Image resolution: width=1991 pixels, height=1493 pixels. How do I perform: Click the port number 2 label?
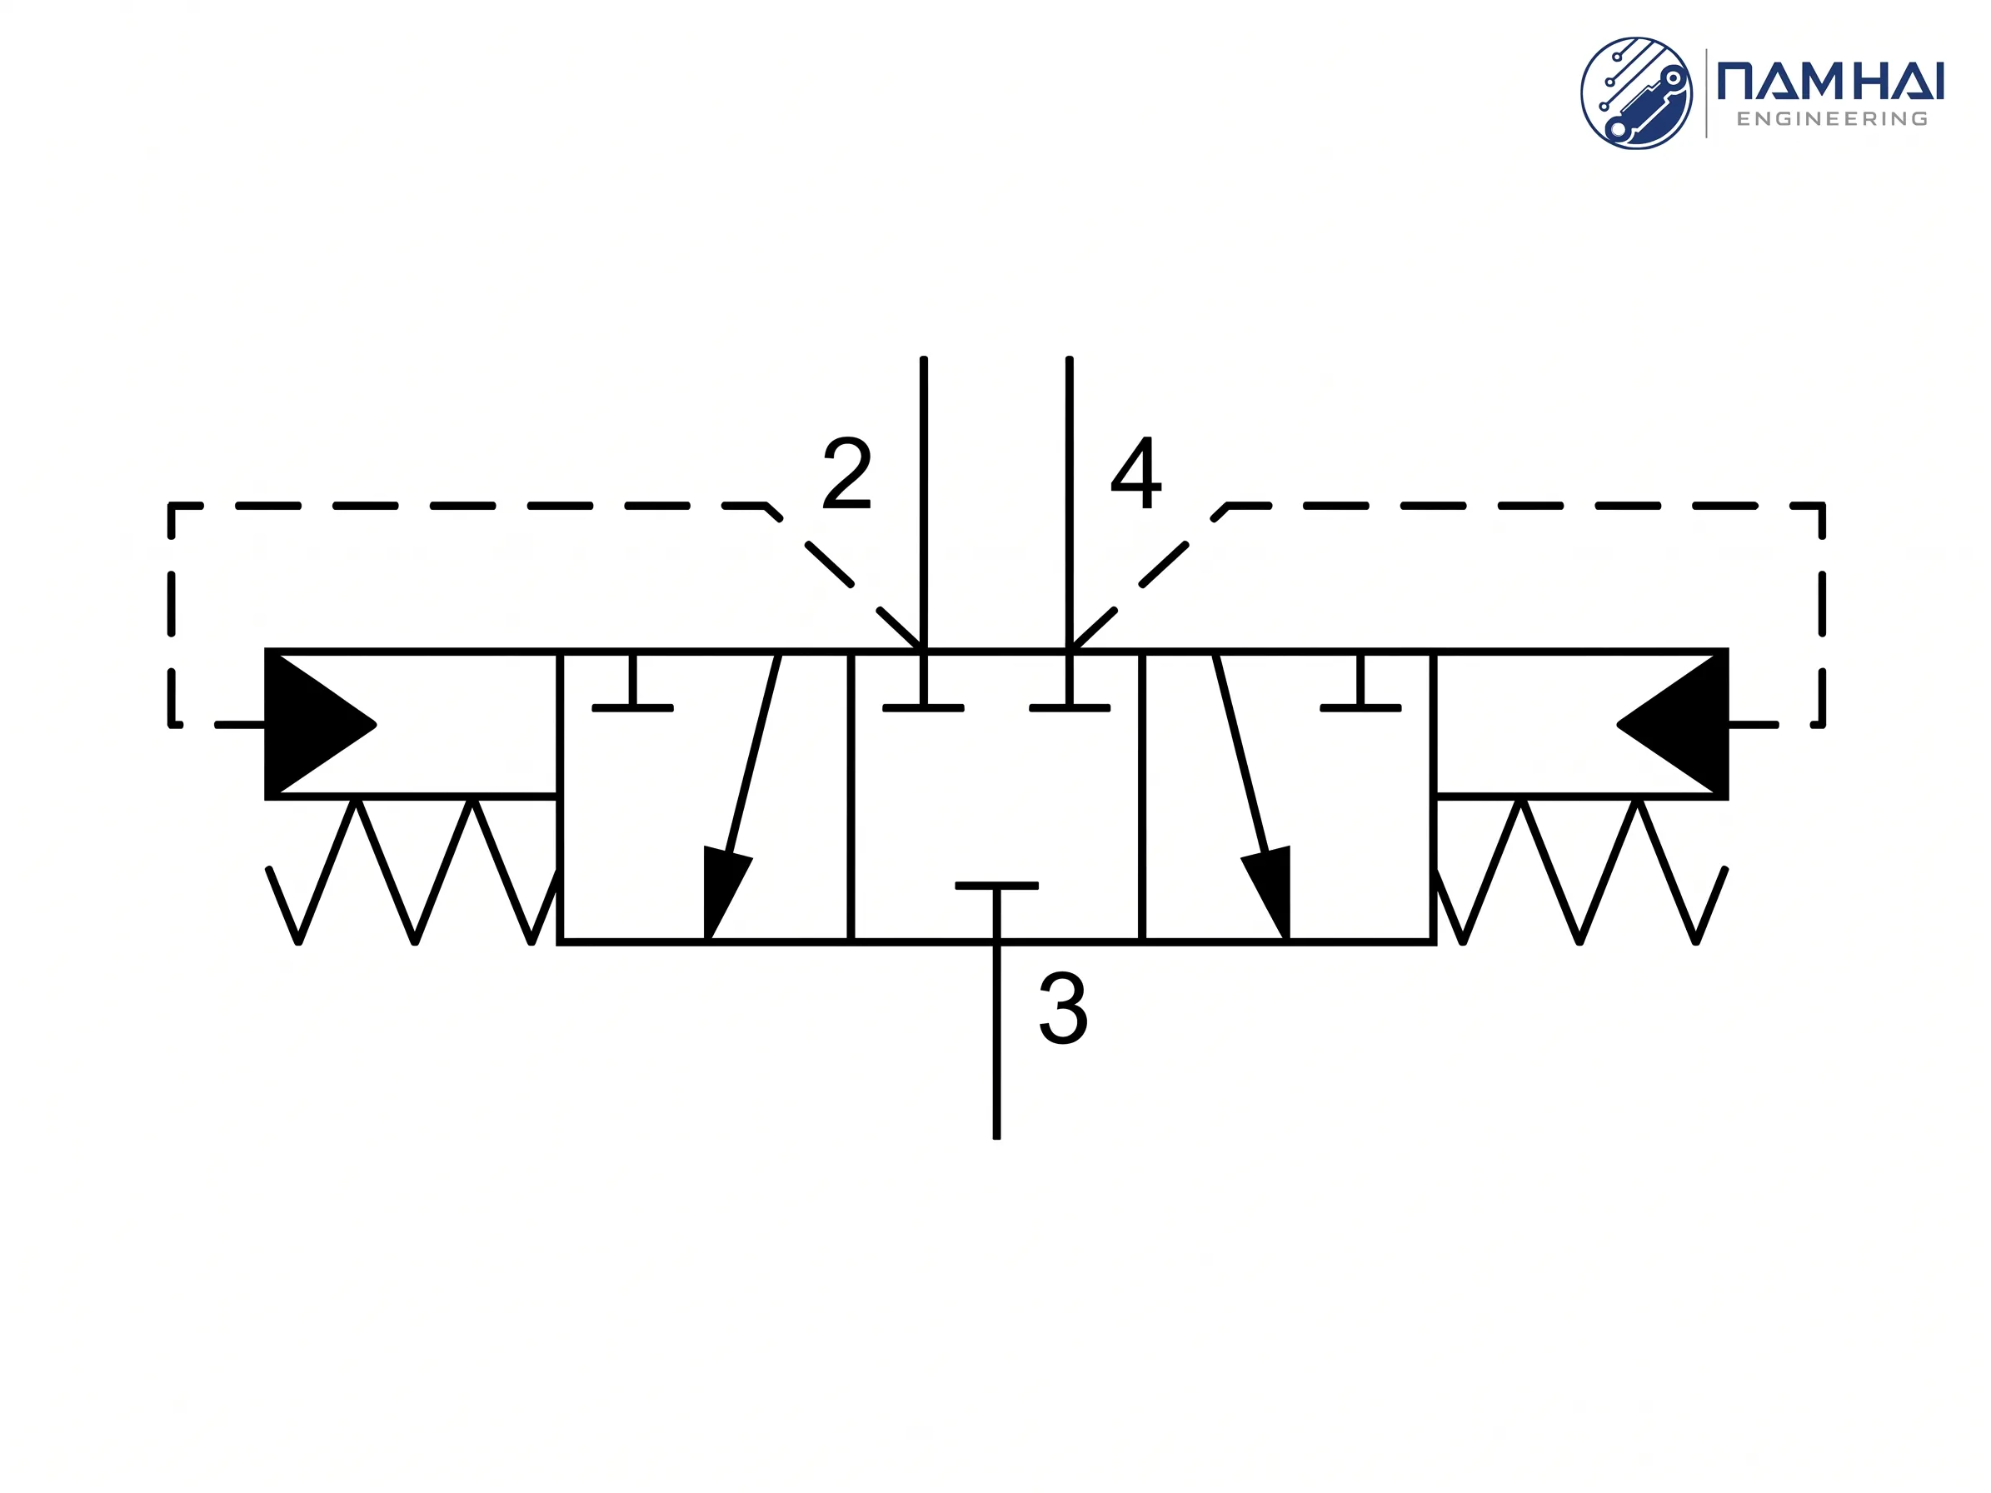point(847,472)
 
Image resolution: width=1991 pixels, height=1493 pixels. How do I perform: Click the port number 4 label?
point(1136,472)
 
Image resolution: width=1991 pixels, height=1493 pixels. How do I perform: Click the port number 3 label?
point(1063,1008)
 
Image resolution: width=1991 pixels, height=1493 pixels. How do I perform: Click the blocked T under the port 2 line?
point(924,687)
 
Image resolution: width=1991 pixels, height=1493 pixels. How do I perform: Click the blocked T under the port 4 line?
point(1070,687)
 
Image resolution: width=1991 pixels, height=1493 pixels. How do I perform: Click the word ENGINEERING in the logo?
point(1832,119)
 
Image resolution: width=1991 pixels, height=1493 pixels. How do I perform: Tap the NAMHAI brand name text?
point(1831,80)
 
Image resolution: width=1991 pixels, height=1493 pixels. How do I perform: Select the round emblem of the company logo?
point(1636,92)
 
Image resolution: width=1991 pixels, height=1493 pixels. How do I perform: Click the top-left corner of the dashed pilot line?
point(171,506)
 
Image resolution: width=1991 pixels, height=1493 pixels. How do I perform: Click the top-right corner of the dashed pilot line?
point(1823,506)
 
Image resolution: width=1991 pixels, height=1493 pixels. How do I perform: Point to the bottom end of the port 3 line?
point(996,1137)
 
